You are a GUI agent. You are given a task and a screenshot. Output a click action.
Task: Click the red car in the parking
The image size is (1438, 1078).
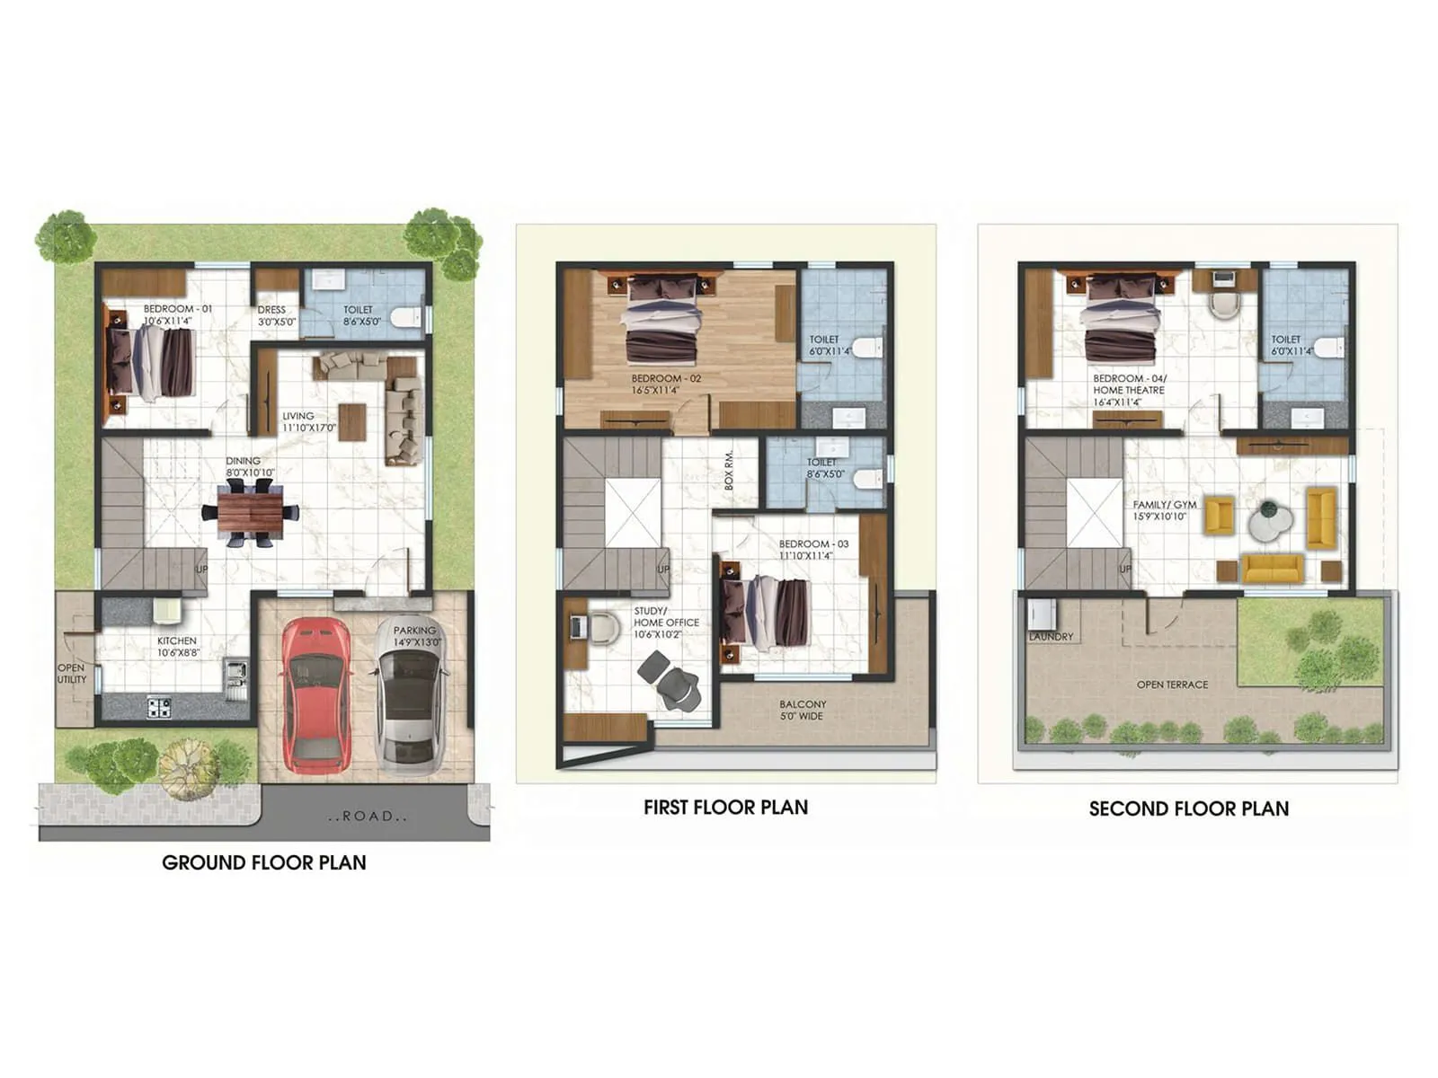(316, 694)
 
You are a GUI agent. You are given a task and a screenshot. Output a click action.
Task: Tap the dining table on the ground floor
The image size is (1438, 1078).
(251, 513)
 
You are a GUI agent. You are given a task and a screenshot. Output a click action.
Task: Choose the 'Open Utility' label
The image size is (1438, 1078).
(72, 673)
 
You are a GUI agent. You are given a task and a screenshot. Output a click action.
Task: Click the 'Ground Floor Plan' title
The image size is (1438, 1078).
(264, 862)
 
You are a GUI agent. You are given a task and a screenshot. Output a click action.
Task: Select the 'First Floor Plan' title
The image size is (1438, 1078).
(725, 807)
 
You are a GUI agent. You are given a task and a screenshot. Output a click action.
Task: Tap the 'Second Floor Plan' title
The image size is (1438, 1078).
(1188, 808)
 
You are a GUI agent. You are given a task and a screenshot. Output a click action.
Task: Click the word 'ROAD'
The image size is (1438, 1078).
(368, 816)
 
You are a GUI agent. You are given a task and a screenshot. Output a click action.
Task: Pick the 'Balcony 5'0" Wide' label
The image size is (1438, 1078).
(802, 710)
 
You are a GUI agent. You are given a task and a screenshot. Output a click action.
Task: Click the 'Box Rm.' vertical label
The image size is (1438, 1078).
(728, 470)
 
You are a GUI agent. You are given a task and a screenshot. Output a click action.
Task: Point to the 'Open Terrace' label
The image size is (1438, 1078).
(1172, 685)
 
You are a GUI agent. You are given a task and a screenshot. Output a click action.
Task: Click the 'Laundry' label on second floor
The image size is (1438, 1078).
(1051, 636)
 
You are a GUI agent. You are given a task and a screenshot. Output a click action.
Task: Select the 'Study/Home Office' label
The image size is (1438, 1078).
(666, 622)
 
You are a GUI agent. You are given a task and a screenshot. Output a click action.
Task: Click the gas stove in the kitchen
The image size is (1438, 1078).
(159, 707)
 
